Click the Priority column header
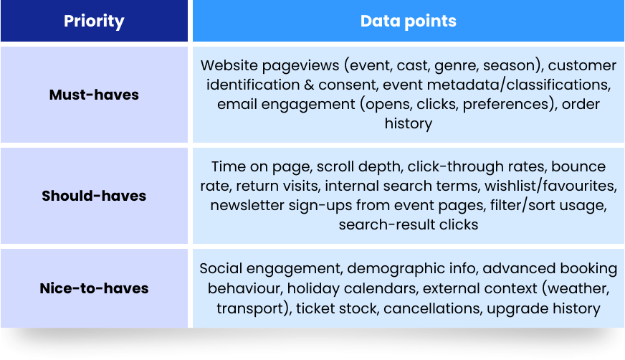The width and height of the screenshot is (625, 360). coord(94,21)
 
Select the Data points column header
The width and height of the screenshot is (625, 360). coord(408,21)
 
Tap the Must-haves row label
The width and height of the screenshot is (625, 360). coord(94,95)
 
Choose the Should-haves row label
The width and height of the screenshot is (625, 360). coord(94,196)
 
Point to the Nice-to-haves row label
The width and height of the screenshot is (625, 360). coord(94,288)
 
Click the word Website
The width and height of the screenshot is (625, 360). coord(229,65)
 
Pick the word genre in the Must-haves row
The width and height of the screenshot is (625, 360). coord(456,66)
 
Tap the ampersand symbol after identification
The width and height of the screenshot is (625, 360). coord(308,85)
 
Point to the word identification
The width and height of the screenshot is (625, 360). coord(253,85)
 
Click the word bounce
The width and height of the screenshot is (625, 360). coord(578,166)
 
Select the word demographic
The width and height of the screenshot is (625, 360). coord(410,269)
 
